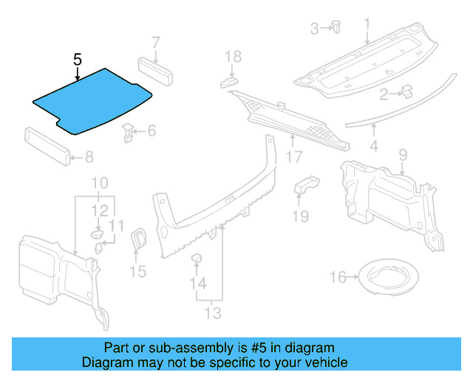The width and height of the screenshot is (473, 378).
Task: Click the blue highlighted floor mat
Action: [92, 102]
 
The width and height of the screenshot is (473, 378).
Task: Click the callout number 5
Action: [77, 59]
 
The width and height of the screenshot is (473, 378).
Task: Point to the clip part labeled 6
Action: [130, 133]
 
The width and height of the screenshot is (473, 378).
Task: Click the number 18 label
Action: [233, 57]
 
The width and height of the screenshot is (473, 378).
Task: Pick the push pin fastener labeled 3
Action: [336, 27]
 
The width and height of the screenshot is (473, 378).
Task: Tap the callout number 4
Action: [374, 146]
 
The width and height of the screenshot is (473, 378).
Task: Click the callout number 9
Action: [403, 154]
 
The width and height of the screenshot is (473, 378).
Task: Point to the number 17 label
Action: [294, 157]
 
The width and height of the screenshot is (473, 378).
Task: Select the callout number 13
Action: [212, 313]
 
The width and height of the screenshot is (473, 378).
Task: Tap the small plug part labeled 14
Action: [198, 258]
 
